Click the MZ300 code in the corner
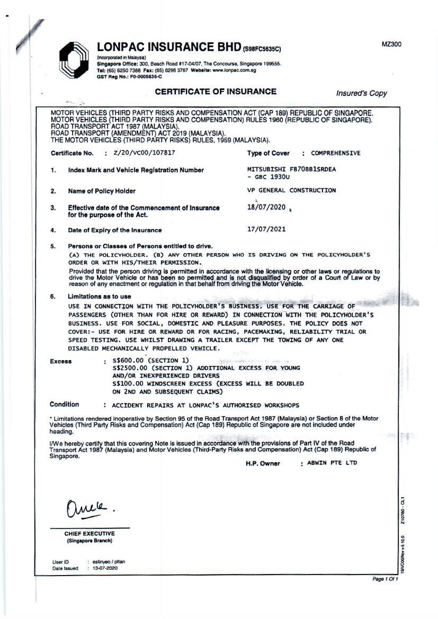[x=391, y=44]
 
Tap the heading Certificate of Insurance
[x=216, y=92]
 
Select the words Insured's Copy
[x=361, y=93]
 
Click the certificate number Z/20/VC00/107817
[x=144, y=152]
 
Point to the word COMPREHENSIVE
[x=335, y=153]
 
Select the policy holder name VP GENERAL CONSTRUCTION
[x=291, y=190]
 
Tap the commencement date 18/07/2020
[x=266, y=207]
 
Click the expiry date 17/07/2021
[x=266, y=230]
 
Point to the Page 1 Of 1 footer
[x=385, y=580]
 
